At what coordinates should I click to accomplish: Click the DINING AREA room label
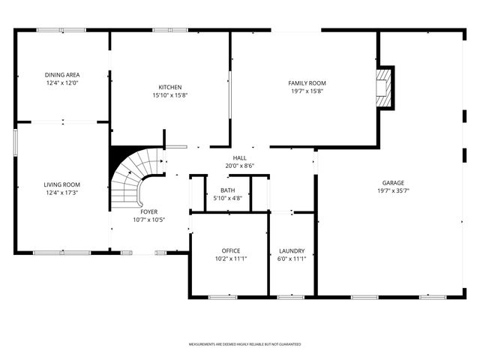(62, 75)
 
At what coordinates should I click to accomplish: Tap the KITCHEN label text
(170, 87)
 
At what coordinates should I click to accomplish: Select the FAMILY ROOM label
(307, 83)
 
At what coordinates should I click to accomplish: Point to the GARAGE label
(393, 182)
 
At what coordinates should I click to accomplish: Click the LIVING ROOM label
(62, 184)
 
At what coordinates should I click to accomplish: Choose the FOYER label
(148, 211)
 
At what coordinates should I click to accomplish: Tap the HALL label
(239, 157)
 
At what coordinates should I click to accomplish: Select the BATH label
(227, 190)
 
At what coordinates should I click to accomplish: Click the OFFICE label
(230, 250)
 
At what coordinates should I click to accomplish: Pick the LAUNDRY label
(292, 250)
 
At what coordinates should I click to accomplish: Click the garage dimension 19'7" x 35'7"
(393, 190)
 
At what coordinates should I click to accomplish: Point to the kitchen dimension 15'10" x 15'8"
(170, 95)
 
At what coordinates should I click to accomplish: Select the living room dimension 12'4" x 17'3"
(62, 193)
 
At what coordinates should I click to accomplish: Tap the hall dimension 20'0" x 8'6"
(239, 166)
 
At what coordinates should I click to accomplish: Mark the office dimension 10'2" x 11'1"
(230, 259)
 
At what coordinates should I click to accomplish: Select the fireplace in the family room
(385, 88)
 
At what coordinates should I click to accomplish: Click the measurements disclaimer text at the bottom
(244, 344)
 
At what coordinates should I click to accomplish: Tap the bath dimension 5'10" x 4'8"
(227, 199)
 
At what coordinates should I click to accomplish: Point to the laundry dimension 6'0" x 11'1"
(292, 259)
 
